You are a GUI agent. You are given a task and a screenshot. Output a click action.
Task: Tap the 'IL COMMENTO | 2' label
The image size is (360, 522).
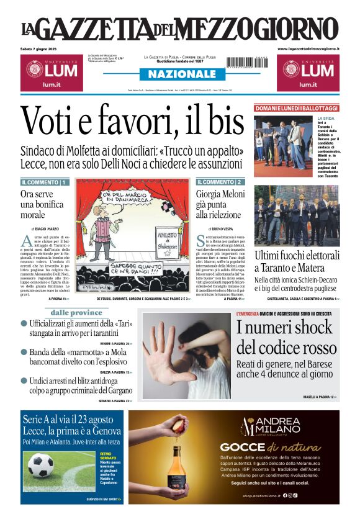click(220, 182)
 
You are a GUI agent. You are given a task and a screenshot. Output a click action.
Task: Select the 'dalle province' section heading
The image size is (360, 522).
click(76, 313)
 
